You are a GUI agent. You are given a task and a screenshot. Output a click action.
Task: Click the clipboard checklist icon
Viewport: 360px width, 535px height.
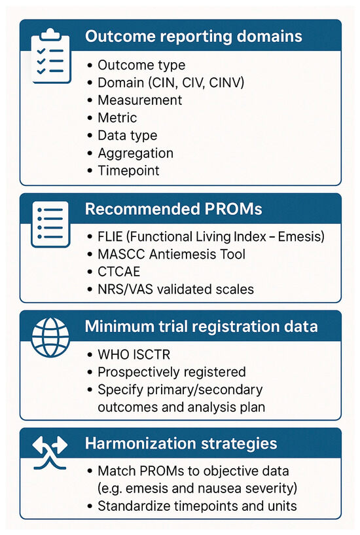pos(51,56)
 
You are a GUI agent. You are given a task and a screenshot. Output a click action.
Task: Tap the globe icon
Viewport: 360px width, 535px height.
pos(50,337)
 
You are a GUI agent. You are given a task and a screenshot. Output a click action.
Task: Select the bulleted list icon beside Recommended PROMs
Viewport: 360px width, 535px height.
pos(50,224)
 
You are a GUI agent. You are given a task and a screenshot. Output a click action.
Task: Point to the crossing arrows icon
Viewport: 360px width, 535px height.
pos(50,452)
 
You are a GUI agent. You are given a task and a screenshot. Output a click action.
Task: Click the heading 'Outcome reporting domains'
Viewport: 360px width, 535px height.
pos(194,36)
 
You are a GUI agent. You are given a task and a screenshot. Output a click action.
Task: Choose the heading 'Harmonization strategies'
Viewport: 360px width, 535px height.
pos(181,443)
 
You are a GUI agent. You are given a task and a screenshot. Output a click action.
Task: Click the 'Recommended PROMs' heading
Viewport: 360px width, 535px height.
pos(173,209)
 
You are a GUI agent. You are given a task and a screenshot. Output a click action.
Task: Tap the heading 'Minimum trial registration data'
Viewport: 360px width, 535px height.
pos(201,326)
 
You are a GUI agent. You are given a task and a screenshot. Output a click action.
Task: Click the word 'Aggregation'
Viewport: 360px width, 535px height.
pos(135,153)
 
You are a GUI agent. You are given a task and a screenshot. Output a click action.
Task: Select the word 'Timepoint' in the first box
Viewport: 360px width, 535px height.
pos(128,171)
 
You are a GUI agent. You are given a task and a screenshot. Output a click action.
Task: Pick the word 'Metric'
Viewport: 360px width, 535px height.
pos(117,118)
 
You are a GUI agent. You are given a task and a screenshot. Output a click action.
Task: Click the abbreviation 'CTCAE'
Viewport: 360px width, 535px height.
pos(118,272)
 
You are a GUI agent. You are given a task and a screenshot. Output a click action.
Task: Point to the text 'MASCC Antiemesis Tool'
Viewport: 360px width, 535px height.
pos(171,254)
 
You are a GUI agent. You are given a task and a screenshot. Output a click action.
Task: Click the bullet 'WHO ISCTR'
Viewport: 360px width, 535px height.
pos(134,354)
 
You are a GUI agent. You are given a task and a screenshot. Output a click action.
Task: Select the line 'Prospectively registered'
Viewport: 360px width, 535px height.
pos(171,372)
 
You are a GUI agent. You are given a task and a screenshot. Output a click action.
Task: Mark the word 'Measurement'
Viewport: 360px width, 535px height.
pos(140,100)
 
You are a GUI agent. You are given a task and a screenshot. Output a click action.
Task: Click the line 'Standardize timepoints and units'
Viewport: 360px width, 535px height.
pos(197,506)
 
